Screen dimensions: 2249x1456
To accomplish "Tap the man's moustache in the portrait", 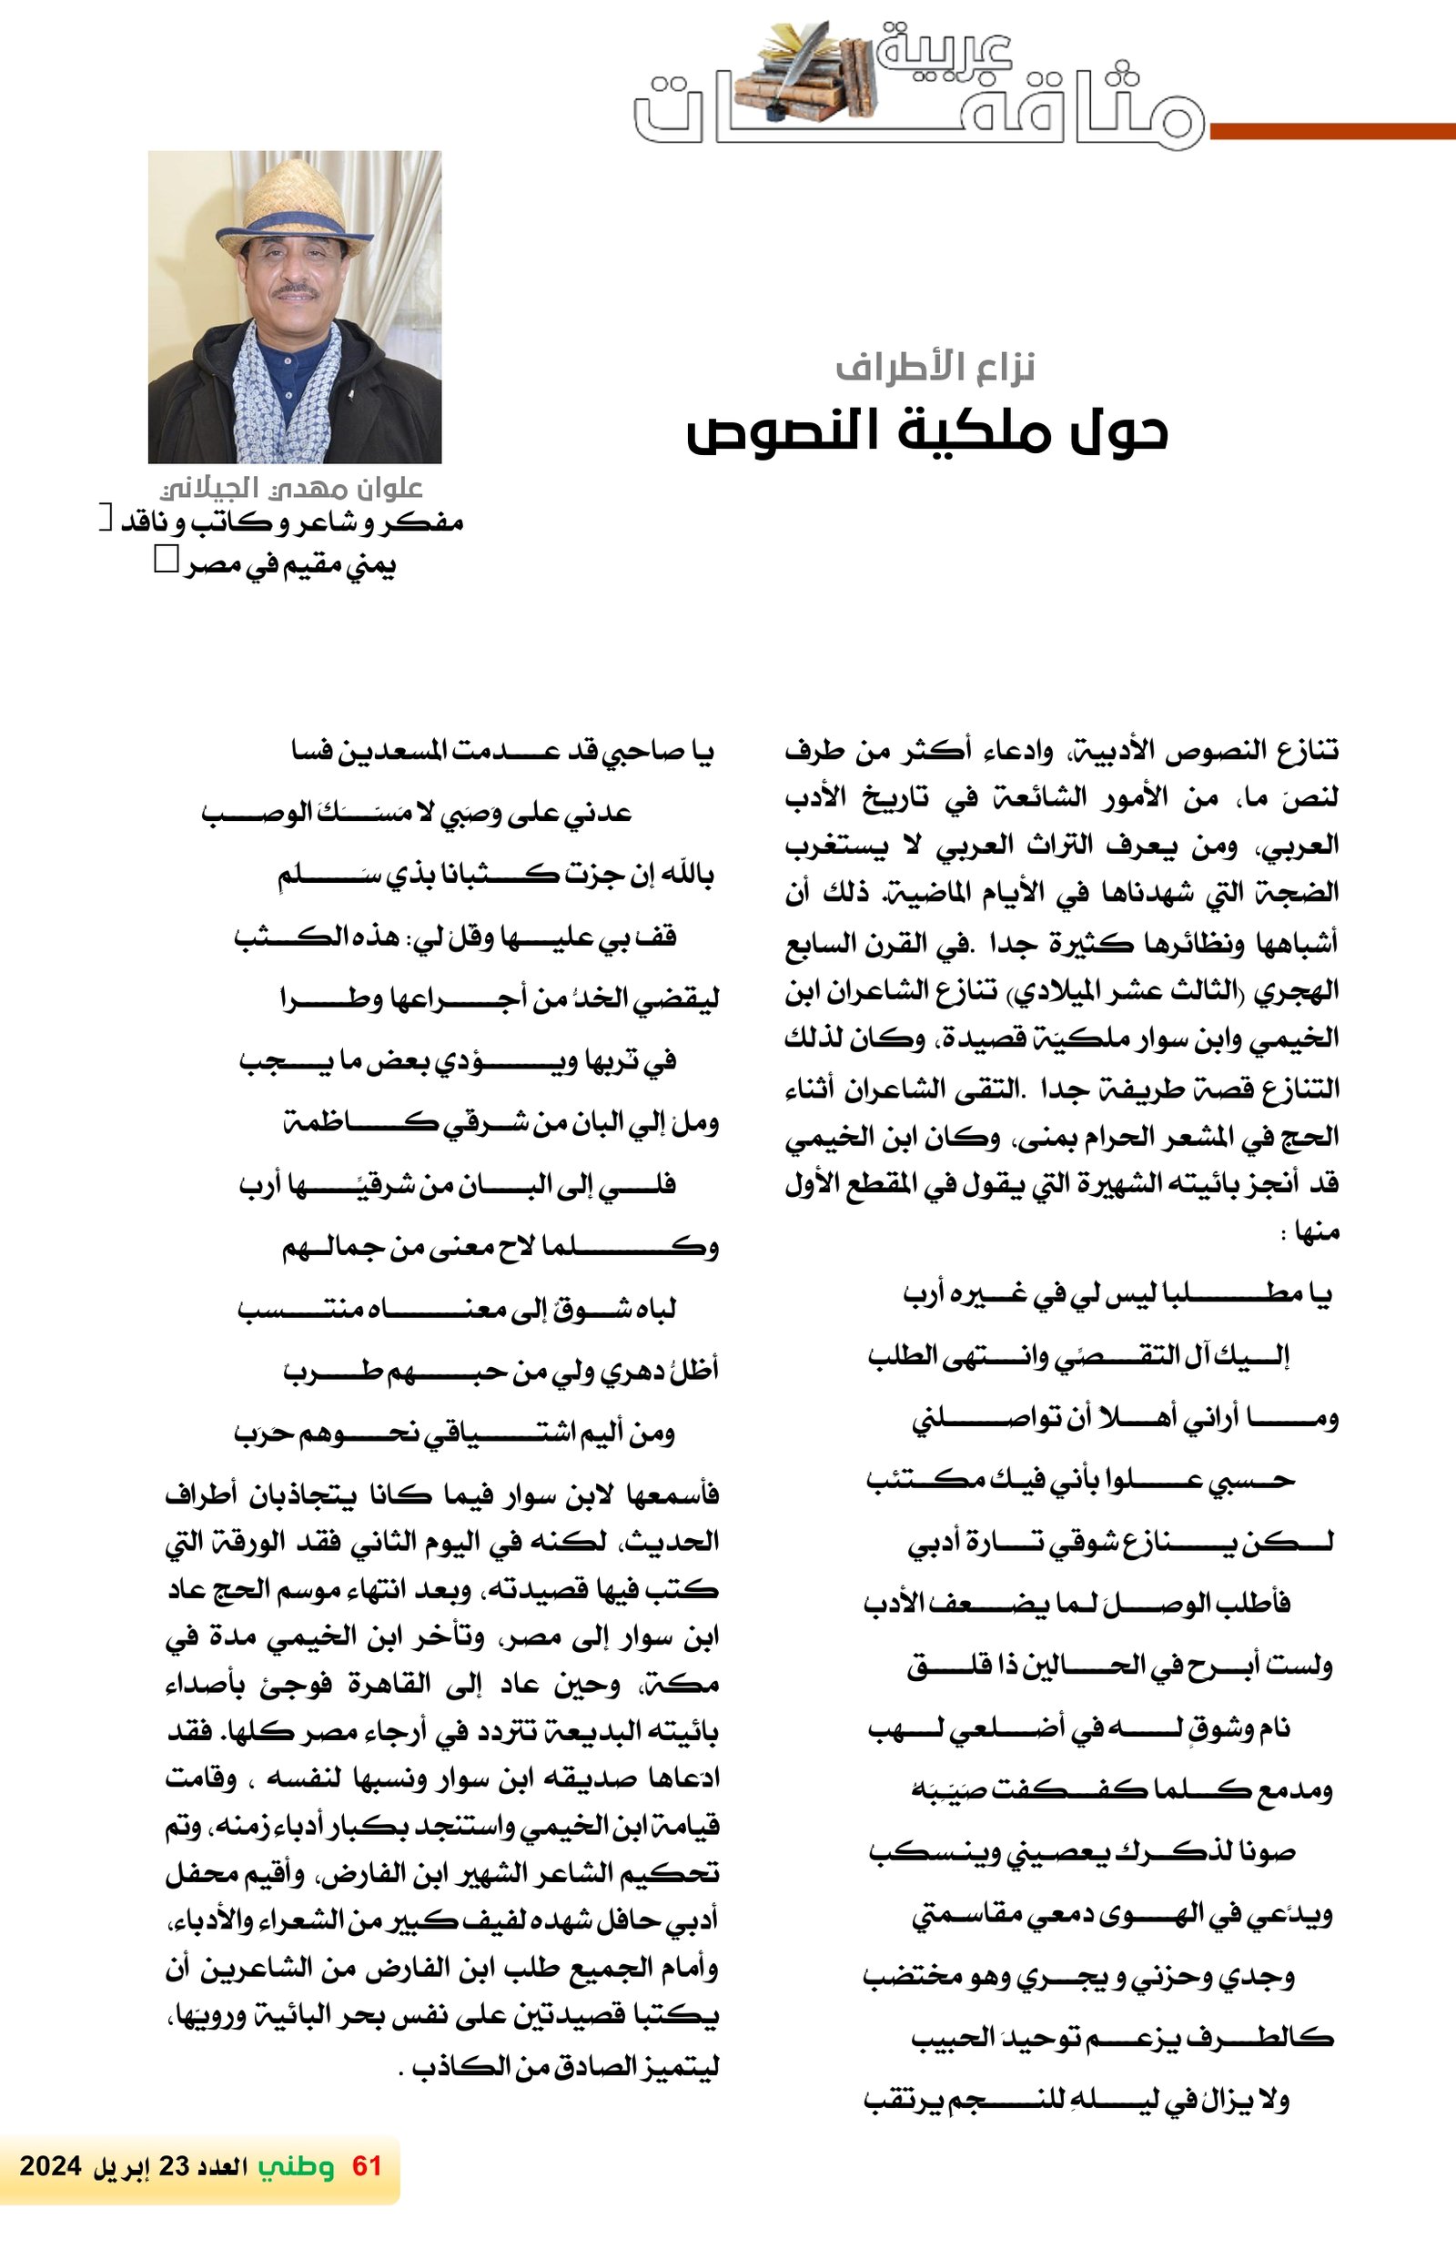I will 296,290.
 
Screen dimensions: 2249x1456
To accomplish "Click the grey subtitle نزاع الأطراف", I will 935,367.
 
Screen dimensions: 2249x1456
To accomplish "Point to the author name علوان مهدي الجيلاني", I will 291,488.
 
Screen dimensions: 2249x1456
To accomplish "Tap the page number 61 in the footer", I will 366,2166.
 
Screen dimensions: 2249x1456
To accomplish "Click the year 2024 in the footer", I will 50,2166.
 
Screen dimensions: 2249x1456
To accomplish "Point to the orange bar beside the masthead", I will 1332,131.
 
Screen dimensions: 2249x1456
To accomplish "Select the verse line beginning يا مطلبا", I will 1117,1294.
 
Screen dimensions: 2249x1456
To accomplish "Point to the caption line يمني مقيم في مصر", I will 290,565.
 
